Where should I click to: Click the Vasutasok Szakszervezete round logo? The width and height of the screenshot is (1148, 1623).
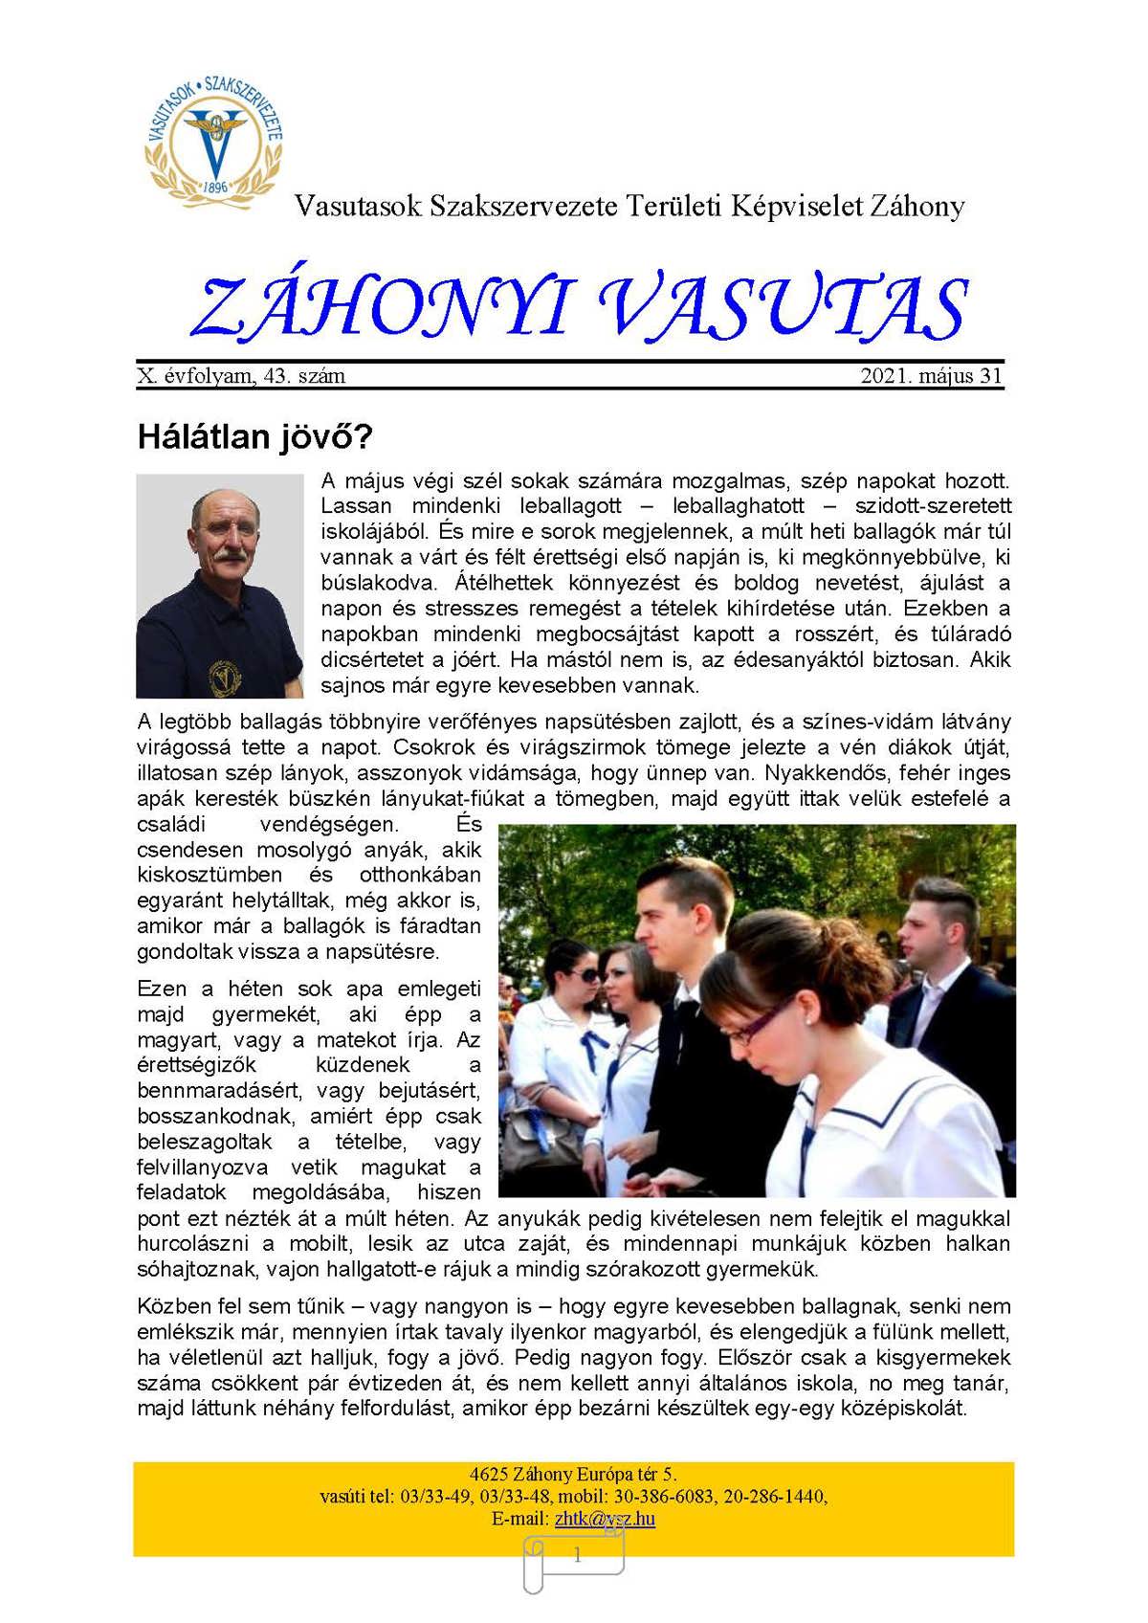(x=214, y=135)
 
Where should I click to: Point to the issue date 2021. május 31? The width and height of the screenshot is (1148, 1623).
(x=931, y=376)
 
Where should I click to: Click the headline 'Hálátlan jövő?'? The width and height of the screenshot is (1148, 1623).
(x=254, y=437)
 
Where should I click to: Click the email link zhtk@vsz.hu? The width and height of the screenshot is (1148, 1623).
(x=605, y=1519)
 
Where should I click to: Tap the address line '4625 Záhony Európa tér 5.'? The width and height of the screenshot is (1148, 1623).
(x=573, y=1475)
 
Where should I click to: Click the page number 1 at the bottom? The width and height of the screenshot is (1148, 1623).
(x=577, y=1557)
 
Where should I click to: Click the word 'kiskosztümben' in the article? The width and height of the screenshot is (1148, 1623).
(x=210, y=875)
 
